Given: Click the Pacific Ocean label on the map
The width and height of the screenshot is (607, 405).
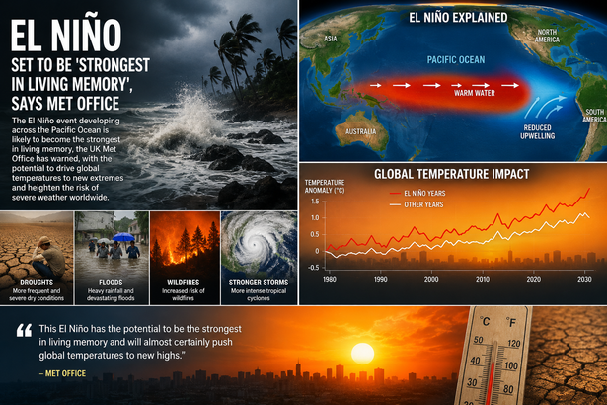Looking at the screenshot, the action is (x=456, y=59).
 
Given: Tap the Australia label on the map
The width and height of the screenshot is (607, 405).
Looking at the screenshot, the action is (x=361, y=131).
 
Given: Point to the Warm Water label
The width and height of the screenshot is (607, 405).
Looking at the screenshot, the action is (x=475, y=93).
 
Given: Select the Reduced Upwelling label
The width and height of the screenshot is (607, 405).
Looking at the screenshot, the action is (x=537, y=131).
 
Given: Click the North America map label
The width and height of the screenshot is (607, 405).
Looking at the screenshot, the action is (x=547, y=36).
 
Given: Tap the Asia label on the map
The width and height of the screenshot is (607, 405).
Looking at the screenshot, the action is (x=331, y=39).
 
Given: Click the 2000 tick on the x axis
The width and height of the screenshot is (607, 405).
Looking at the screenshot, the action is (x=431, y=279).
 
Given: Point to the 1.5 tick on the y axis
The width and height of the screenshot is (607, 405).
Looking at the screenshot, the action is (x=315, y=202).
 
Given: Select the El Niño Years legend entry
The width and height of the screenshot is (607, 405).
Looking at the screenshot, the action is (x=417, y=193).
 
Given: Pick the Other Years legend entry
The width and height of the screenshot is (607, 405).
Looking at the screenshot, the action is (x=417, y=204).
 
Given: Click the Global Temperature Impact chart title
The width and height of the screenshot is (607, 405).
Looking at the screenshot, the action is (x=451, y=174).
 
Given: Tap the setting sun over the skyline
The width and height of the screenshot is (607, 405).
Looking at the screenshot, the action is (x=363, y=353).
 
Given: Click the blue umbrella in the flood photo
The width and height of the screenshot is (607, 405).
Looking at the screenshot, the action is (x=123, y=237).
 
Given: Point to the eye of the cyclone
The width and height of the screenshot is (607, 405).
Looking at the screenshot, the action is (x=254, y=245).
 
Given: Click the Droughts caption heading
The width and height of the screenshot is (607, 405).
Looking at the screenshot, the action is (x=37, y=283).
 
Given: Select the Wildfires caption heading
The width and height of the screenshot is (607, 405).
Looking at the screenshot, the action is (x=184, y=283).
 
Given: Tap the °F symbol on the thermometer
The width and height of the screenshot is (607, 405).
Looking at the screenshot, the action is (x=511, y=322).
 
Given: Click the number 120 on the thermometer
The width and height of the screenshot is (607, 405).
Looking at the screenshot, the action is (x=513, y=343).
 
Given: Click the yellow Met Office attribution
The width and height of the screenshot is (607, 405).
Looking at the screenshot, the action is (x=62, y=373).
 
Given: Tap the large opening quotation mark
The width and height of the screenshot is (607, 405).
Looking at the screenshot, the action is (x=24, y=330).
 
